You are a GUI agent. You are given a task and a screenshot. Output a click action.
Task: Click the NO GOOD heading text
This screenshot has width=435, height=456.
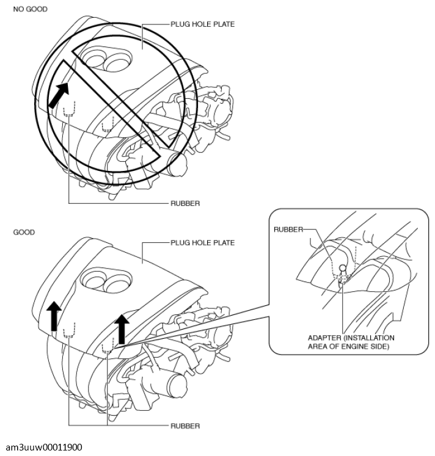click(x=30, y=10)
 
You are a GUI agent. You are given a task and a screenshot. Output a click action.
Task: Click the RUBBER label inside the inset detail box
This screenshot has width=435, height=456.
click(x=290, y=230)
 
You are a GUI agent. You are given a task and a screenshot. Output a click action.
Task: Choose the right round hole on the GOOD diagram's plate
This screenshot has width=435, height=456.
click(x=115, y=283)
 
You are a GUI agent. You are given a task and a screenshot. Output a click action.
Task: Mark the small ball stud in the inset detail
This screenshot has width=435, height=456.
click(x=343, y=267)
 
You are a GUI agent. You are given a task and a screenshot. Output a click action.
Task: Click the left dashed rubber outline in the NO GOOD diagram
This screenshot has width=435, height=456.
click(x=68, y=108)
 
